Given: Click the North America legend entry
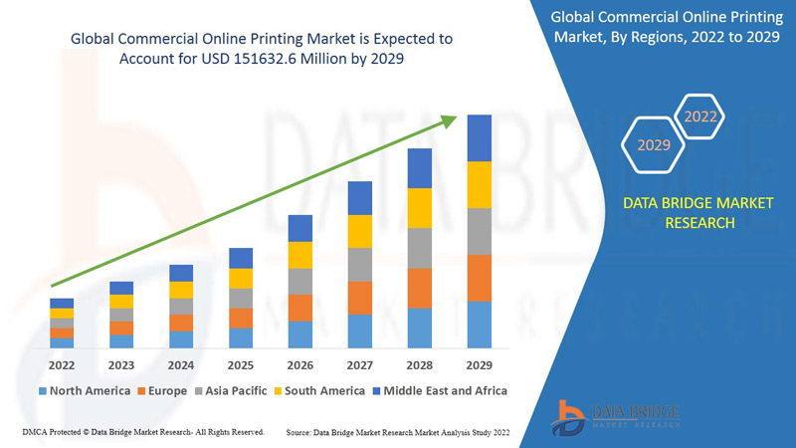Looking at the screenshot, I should pos(84,390).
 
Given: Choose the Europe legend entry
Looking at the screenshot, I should pos(162,390).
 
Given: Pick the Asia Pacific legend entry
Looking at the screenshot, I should pos(230,390).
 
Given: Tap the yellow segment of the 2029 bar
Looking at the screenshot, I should pos(480,184).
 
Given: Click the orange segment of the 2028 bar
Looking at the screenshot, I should pos(420,288).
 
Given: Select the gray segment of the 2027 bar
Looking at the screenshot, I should pos(360,264).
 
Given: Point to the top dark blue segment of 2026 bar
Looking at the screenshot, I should pos(300,228).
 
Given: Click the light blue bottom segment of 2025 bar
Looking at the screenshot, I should pos(241,337).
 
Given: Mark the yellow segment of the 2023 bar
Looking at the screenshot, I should pos(121,302).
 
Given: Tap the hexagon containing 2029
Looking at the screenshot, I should pos(654,145).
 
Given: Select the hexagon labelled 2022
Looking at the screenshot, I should pos(700,117).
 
